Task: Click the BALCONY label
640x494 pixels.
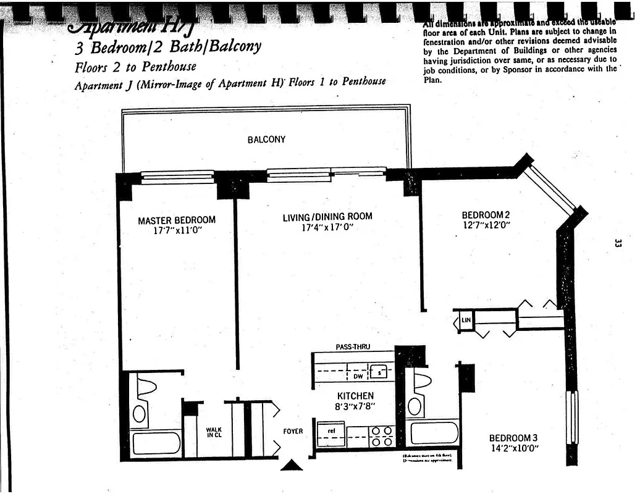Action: (x=266, y=140)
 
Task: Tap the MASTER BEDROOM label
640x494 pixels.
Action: (x=177, y=220)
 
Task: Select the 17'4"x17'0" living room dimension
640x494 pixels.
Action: (x=327, y=227)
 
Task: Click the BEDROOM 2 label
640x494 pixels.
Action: (x=486, y=215)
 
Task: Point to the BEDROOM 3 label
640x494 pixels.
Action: (x=514, y=438)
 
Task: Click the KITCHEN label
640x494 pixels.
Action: (x=355, y=396)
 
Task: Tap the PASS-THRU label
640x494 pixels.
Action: (x=353, y=347)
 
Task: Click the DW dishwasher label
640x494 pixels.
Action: (x=358, y=375)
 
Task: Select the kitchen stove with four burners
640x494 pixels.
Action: (x=381, y=436)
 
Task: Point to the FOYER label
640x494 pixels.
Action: (x=293, y=431)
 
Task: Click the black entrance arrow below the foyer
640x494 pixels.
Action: (x=292, y=464)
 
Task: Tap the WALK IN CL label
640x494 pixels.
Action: (x=214, y=432)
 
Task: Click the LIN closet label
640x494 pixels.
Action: (x=466, y=320)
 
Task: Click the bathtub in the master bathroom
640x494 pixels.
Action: (x=156, y=443)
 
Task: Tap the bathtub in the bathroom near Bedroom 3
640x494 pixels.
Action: (x=434, y=432)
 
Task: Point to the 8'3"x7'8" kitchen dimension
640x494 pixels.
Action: (x=355, y=406)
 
